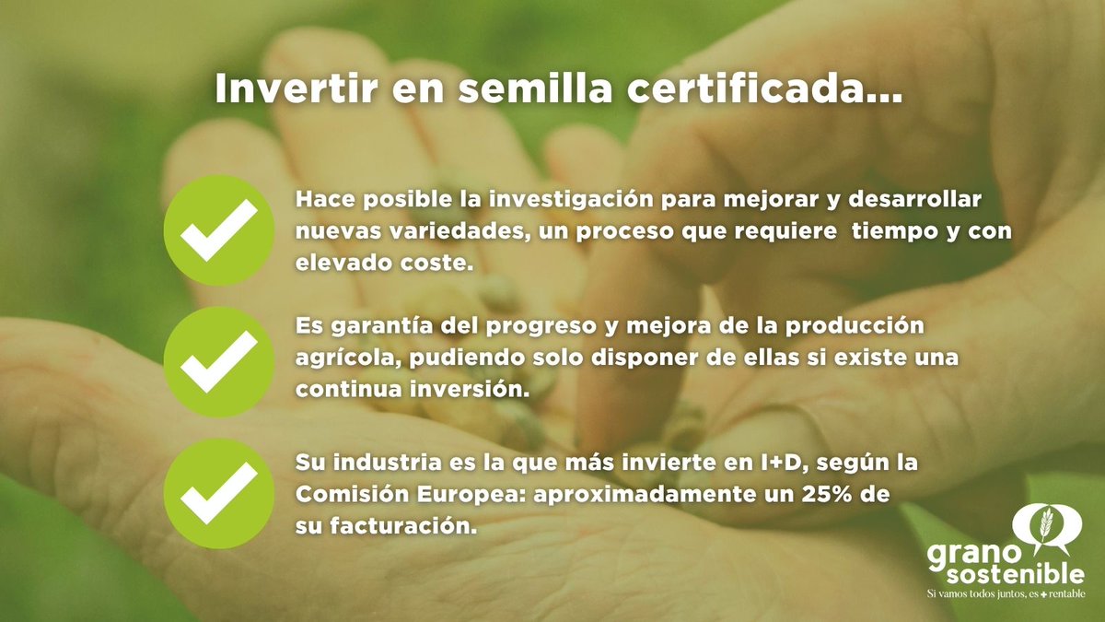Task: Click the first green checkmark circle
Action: pyautogui.click(x=218, y=230)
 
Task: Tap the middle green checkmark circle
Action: pyautogui.click(x=218, y=362)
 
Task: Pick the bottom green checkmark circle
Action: pyautogui.click(x=218, y=494)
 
